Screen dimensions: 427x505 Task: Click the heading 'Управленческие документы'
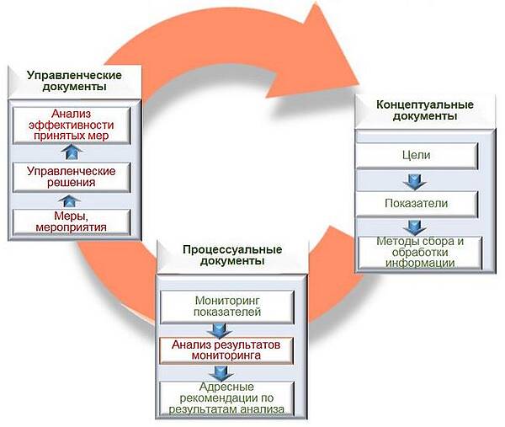72,81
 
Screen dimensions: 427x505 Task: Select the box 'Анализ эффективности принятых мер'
72,125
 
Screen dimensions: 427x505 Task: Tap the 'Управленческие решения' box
72,176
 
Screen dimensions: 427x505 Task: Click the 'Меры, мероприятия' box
72,221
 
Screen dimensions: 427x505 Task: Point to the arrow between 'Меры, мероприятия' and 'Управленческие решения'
72,199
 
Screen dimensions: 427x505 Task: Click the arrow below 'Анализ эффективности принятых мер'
72,152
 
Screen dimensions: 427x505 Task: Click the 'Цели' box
418,156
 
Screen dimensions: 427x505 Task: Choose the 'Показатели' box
418,203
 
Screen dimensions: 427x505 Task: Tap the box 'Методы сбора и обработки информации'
418,252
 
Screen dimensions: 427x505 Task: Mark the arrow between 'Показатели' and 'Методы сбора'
412,227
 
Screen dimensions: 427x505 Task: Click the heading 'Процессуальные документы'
231,255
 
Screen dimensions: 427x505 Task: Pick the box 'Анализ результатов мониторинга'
227,350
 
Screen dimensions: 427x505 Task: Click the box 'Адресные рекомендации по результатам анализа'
227,398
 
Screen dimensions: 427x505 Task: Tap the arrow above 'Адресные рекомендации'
221,372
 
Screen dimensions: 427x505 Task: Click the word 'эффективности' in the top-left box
72,125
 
